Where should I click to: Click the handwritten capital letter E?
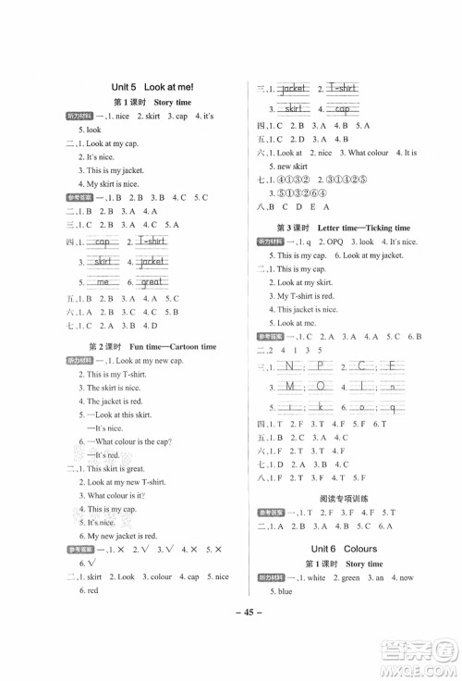(392, 365)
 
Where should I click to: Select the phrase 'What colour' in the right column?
(368, 152)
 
